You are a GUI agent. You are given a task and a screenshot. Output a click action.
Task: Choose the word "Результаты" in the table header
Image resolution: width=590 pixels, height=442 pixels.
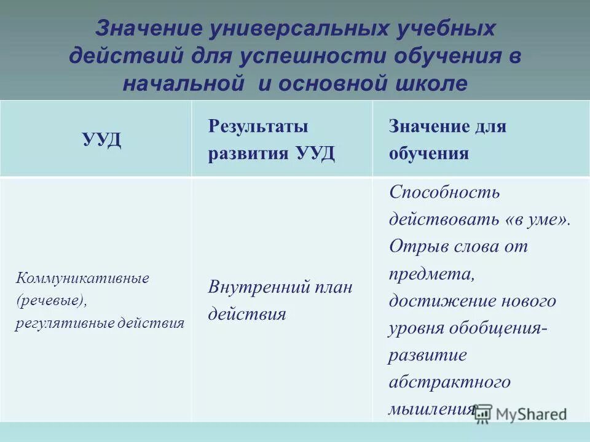[258, 127]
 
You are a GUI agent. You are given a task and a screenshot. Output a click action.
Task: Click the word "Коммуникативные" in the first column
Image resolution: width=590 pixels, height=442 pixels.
[82, 278]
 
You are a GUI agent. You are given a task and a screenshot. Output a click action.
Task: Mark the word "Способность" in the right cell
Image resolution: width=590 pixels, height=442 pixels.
[444, 192]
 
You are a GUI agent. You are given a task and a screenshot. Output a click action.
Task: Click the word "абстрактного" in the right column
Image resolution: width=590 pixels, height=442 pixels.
[449, 382]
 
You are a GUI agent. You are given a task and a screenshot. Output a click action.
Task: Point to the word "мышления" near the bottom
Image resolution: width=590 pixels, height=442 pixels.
[431, 409]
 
